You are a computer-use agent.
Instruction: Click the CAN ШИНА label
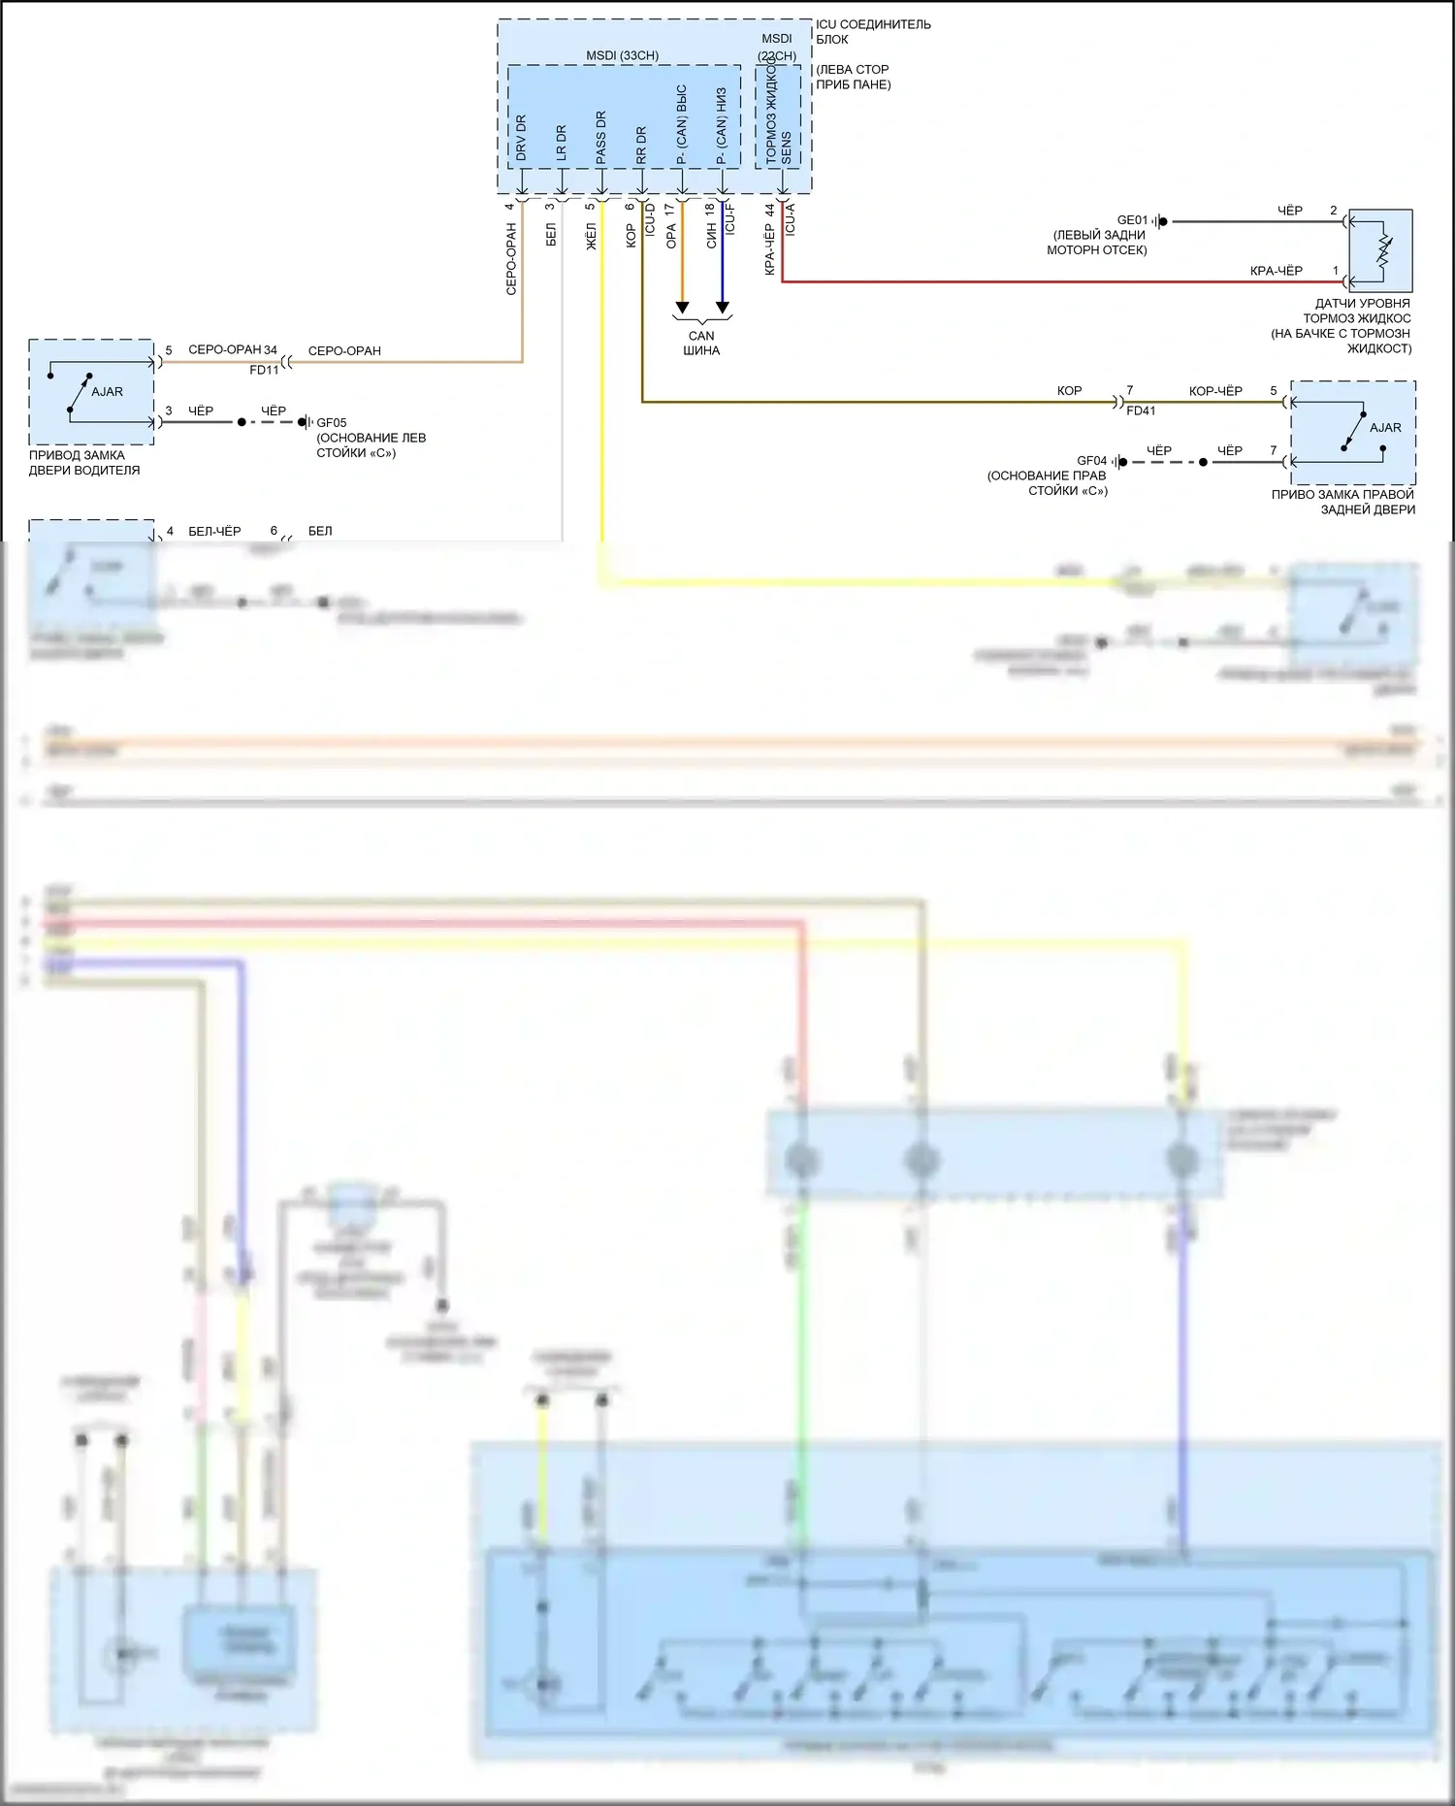(701, 343)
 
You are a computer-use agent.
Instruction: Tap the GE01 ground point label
(1132, 220)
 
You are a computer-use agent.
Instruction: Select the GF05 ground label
(331, 422)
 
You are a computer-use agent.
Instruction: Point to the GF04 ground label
(1091, 461)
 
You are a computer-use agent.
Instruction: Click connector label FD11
(264, 370)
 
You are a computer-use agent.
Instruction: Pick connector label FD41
(1141, 410)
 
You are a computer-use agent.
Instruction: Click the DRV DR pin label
(521, 138)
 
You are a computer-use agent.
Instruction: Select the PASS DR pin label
(600, 136)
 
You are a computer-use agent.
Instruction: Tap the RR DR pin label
(641, 145)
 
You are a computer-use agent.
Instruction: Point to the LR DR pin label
(561, 143)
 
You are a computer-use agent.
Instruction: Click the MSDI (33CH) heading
(622, 55)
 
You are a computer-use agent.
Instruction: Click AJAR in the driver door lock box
(107, 392)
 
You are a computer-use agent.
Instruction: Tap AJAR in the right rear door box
(1385, 427)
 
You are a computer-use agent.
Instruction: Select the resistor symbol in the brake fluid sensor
(1384, 250)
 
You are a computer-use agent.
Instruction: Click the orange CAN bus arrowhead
(682, 309)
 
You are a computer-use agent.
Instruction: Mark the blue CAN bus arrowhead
(722, 309)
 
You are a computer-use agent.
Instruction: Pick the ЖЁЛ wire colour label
(591, 237)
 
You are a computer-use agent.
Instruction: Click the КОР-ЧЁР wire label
(1215, 391)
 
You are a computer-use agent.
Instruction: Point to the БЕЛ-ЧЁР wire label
(214, 531)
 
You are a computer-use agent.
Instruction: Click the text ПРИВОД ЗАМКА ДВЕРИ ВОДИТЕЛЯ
(84, 463)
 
